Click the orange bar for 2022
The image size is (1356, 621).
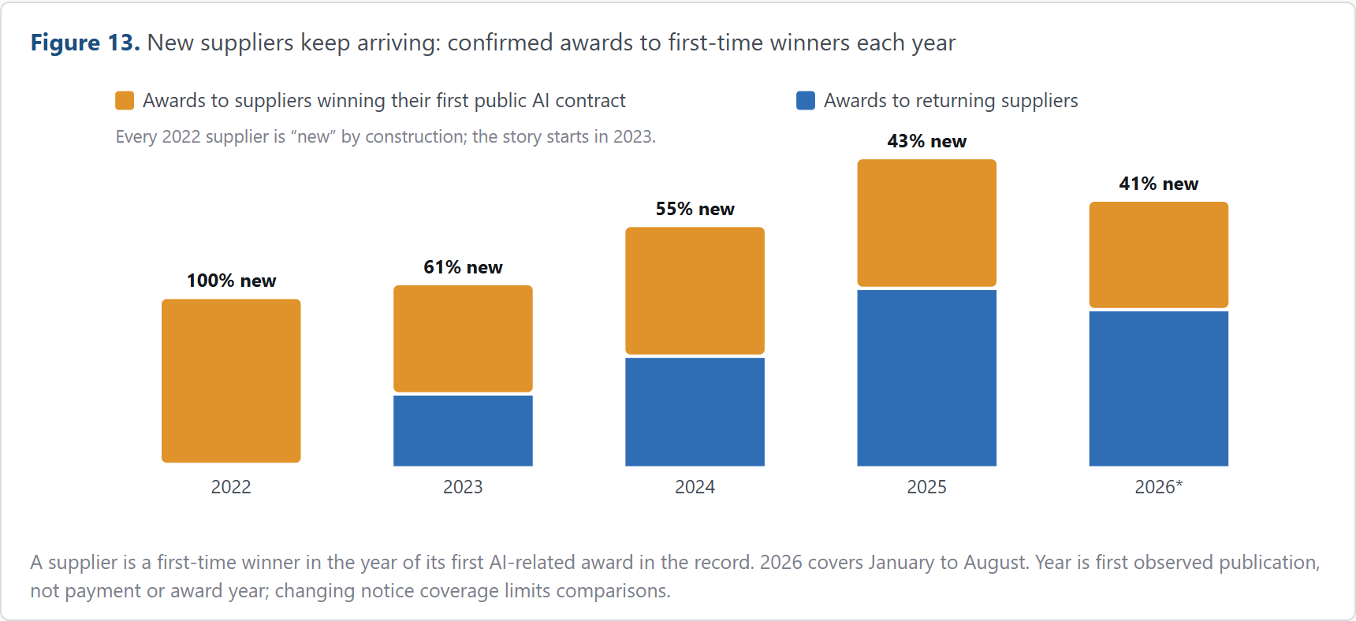coord(231,381)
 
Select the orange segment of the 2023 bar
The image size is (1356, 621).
coord(463,339)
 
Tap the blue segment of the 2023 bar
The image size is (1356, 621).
coord(463,430)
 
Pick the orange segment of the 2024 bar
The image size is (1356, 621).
coord(695,291)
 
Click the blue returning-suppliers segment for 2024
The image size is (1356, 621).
coord(695,411)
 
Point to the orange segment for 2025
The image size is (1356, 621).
coord(926,223)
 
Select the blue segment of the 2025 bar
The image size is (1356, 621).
coord(926,377)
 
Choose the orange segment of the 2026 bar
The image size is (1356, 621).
coord(1158,255)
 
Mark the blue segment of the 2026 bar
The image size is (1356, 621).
coord(1158,389)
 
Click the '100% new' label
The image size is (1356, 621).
coord(231,281)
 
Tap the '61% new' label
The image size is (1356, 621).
coord(463,267)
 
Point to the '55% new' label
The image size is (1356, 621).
coord(695,209)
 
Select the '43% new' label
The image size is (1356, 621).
coord(926,141)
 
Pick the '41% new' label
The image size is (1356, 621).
coord(1158,184)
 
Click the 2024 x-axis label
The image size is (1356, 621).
coord(695,487)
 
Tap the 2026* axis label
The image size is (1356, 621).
coord(1158,487)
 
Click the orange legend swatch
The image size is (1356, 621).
coord(125,101)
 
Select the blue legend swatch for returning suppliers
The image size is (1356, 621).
coord(806,101)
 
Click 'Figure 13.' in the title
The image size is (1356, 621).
coord(85,43)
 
